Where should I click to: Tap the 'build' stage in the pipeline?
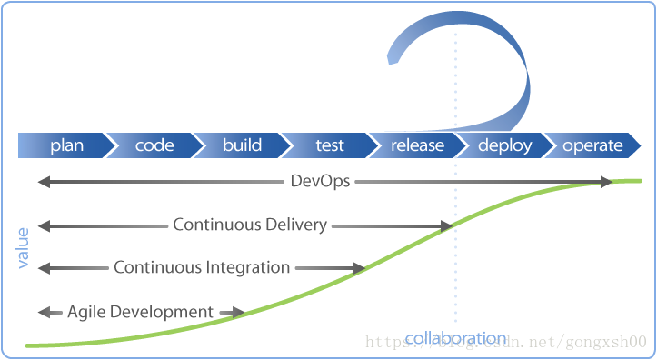tap(242, 145)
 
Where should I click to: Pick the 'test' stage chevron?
tap(329, 145)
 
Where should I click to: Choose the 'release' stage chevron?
tap(417, 145)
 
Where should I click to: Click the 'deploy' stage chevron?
tap(504, 145)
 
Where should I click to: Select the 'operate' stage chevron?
tap(592, 145)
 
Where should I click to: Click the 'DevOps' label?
tap(319, 182)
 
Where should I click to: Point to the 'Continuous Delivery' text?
tap(250, 225)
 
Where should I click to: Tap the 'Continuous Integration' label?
tap(202, 267)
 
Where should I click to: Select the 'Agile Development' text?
tap(140, 312)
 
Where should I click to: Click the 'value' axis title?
tap(24, 246)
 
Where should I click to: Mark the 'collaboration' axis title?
tap(455, 338)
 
